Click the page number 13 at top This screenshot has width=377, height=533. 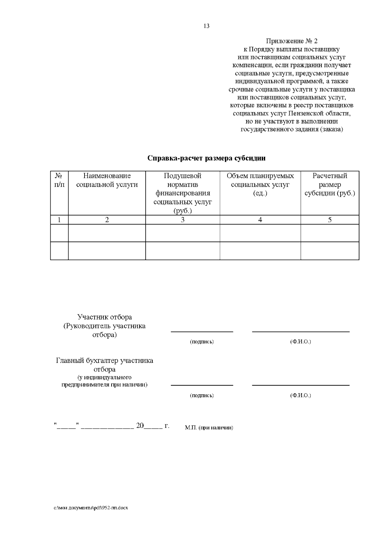tap(206, 26)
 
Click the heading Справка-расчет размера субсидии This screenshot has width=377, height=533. tap(206, 158)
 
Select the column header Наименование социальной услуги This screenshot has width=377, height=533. tap(107, 180)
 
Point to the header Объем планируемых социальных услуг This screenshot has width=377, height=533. tap(260, 184)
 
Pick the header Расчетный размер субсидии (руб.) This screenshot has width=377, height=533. tap(330, 184)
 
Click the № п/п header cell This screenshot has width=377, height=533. tap(59, 180)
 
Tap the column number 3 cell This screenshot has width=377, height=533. tap(183, 220)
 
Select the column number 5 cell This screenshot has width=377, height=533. tap(330, 220)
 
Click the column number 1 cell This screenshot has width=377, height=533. tap(59, 220)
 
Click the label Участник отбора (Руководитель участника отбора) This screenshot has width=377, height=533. tap(105, 326)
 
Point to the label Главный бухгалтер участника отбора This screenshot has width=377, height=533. tap(105, 365)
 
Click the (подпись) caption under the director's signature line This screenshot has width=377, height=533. tap(202, 342)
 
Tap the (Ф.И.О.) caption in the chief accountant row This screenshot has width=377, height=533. tap(300, 395)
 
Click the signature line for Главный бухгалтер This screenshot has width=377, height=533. tap(202, 385)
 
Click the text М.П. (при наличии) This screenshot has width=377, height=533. tap(209, 428)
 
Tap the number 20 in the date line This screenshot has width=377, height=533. tap(140, 426)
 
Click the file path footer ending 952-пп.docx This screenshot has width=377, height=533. tap(90, 508)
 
